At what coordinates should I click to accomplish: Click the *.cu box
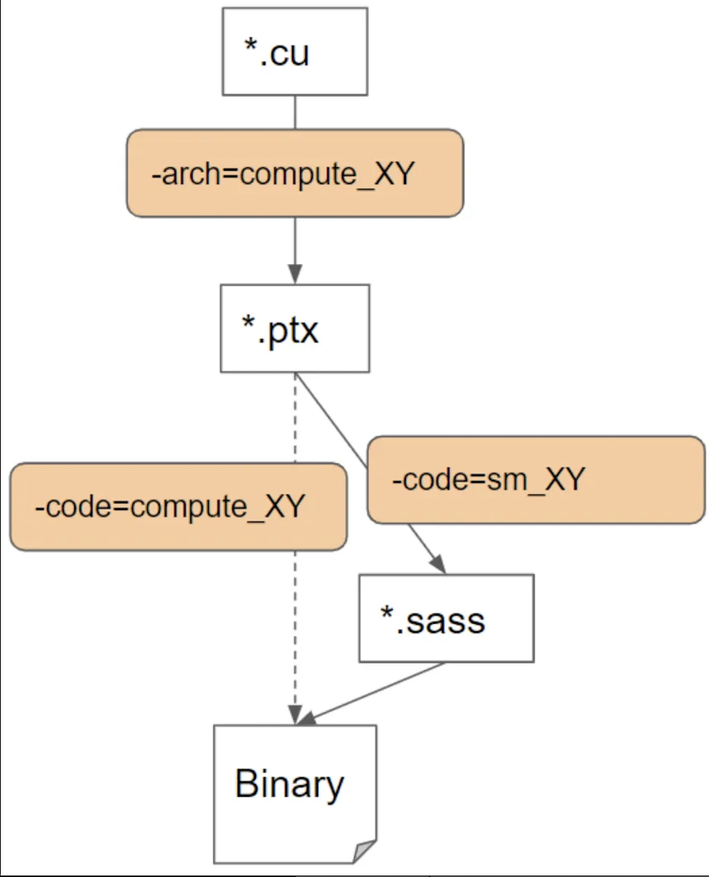coord(294,52)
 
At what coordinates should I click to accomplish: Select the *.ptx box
coord(294,328)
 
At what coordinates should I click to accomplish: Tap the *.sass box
coord(446,618)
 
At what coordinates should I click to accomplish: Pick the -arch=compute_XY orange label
coord(294,174)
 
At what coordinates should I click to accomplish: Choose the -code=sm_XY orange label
coord(535,480)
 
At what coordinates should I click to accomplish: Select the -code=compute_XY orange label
coord(177,506)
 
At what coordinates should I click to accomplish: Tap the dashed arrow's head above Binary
coord(295,714)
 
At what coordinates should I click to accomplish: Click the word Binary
coord(289,784)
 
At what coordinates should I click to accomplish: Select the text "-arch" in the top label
coord(174,175)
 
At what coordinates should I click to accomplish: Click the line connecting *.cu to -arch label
coord(295,112)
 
